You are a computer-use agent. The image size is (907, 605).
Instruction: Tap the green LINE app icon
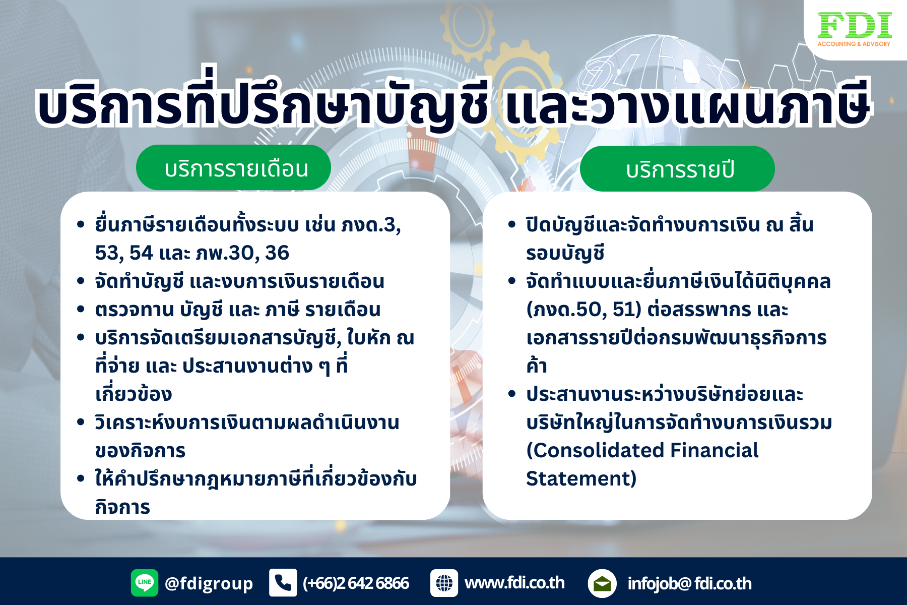(x=145, y=583)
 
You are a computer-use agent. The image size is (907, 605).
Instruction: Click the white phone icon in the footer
(x=283, y=583)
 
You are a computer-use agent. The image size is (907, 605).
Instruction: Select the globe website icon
(x=444, y=583)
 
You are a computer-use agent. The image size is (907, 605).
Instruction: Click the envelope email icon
(x=602, y=583)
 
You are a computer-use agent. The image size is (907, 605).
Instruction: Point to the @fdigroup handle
(x=209, y=583)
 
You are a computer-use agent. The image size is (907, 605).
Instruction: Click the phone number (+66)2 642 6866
(x=356, y=583)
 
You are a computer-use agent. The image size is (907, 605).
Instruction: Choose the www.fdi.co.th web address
(x=514, y=583)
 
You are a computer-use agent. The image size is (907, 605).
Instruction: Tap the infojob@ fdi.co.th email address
(x=689, y=584)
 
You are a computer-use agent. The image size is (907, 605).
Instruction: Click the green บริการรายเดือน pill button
(x=233, y=168)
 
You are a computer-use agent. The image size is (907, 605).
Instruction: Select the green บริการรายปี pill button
(x=677, y=169)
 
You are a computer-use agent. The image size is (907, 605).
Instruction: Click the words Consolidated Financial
(x=642, y=450)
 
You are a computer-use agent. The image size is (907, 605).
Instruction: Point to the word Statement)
(x=581, y=478)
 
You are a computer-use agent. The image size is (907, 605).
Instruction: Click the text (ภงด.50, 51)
(x=584, y=309)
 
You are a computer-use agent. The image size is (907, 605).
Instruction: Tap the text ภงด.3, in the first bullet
(x=371, y=225)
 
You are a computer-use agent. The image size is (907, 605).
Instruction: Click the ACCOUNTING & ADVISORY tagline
(x=854, y=44)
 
